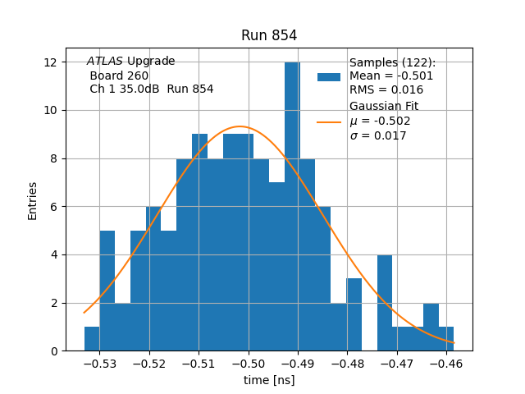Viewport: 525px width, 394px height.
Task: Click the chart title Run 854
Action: coord(269,36)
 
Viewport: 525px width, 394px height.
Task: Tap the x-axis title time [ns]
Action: coord(269,380)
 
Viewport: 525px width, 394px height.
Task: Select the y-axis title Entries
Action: coord(33,200)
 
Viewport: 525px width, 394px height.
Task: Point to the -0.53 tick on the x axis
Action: coord(99,363)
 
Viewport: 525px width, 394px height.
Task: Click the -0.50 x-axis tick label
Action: coord(249,363)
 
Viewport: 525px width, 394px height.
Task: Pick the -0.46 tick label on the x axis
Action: coord(446,363)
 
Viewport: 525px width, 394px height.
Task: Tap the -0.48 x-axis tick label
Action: coord(348,363)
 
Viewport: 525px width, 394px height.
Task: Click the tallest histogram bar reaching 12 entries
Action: coord(292,205)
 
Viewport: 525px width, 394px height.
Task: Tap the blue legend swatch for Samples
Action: coord(328,77)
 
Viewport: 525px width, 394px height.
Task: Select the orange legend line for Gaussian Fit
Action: coord(328,121)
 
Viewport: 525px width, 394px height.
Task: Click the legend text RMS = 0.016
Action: coord(386,90)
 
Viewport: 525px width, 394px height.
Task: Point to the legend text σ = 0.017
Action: coord(378,136)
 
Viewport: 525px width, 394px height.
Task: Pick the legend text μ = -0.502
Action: coord(380,121)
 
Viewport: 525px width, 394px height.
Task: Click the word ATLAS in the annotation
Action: coord(105,62)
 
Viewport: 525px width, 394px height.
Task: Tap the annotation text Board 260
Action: coord(119,76)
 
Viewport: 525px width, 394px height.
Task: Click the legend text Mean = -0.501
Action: coord(391,76)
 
